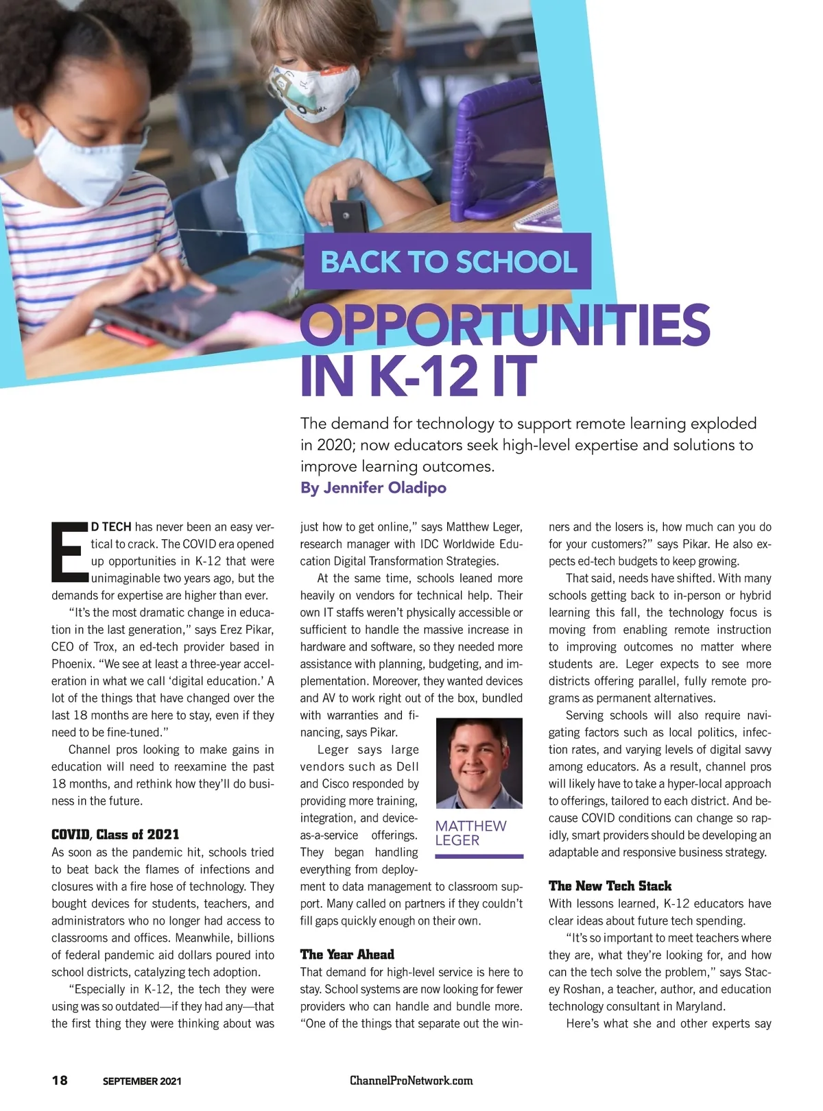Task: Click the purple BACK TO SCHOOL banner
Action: click(447, 261)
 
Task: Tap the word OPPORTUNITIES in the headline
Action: click(505, 326)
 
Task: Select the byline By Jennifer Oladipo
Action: click(373, 488)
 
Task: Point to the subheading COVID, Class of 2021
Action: click(115, 835)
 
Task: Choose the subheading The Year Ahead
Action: click(347, 955)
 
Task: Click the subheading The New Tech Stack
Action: click(610, 886)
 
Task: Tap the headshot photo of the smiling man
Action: click(479, 763)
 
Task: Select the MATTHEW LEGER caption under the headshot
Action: click(470, 833)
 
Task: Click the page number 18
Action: click(60, 1080)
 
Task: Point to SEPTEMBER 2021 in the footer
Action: click(142, 1082)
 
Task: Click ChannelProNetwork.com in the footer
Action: click(411, 1081)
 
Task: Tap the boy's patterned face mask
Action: click(313, 91)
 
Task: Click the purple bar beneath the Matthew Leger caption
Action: click(479, 857)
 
